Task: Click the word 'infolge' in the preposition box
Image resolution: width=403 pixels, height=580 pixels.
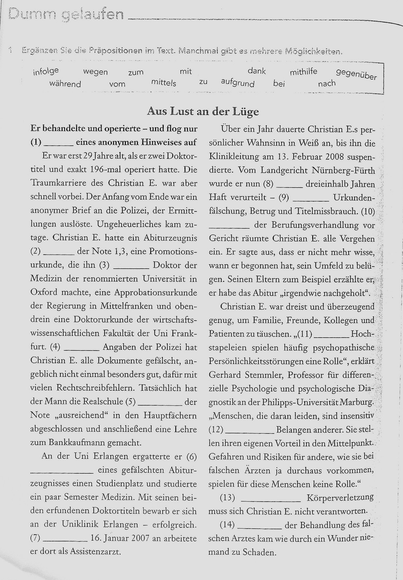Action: [x=46, y=72]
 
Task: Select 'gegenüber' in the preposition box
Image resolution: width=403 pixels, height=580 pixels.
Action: [x=356, y=74]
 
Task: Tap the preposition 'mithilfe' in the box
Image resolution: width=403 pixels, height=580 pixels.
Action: [x=303, y=72]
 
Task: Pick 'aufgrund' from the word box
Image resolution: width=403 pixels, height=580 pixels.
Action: [x=238, y=83]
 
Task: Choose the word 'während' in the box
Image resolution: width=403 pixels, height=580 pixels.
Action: [x=65, y=84]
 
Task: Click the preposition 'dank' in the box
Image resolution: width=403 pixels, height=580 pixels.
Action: [x=257, y=71]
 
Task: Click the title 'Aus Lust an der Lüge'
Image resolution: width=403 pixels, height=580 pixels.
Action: [x=203, y=111]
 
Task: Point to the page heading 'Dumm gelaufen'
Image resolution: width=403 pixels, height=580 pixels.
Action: [x=66, y=15]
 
